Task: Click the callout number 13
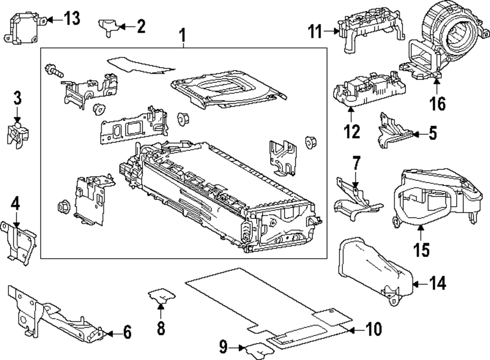tap(72, 20)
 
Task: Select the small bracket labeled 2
tap(107, 24)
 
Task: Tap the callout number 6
tap(127, 333)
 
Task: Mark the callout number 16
tap(438, 103)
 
